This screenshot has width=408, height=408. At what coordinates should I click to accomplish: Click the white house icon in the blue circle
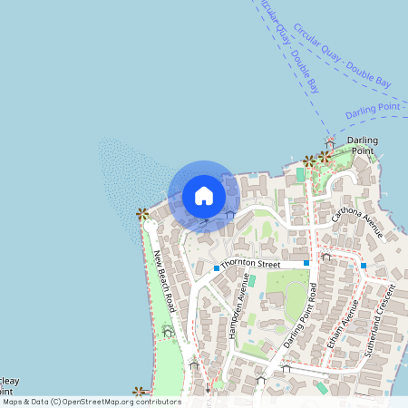click(204, 195)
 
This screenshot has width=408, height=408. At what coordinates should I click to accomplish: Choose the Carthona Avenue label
click(357, 221)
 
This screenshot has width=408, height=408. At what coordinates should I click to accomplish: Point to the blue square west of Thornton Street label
click(217, 268)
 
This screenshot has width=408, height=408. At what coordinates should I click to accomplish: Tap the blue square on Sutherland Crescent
click(364, 265)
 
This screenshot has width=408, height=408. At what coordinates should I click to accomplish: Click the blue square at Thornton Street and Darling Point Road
click(307, 263)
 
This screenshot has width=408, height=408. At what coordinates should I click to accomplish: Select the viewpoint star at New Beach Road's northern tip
click(142, 214)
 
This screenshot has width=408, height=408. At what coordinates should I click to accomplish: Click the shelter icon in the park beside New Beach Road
click(168, 333)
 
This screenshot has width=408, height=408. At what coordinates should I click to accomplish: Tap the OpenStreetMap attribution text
click(91, 402)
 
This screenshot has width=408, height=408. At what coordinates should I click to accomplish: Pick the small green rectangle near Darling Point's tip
click(300, 173)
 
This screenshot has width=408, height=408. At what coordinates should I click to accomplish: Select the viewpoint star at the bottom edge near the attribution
click(139, 393)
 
